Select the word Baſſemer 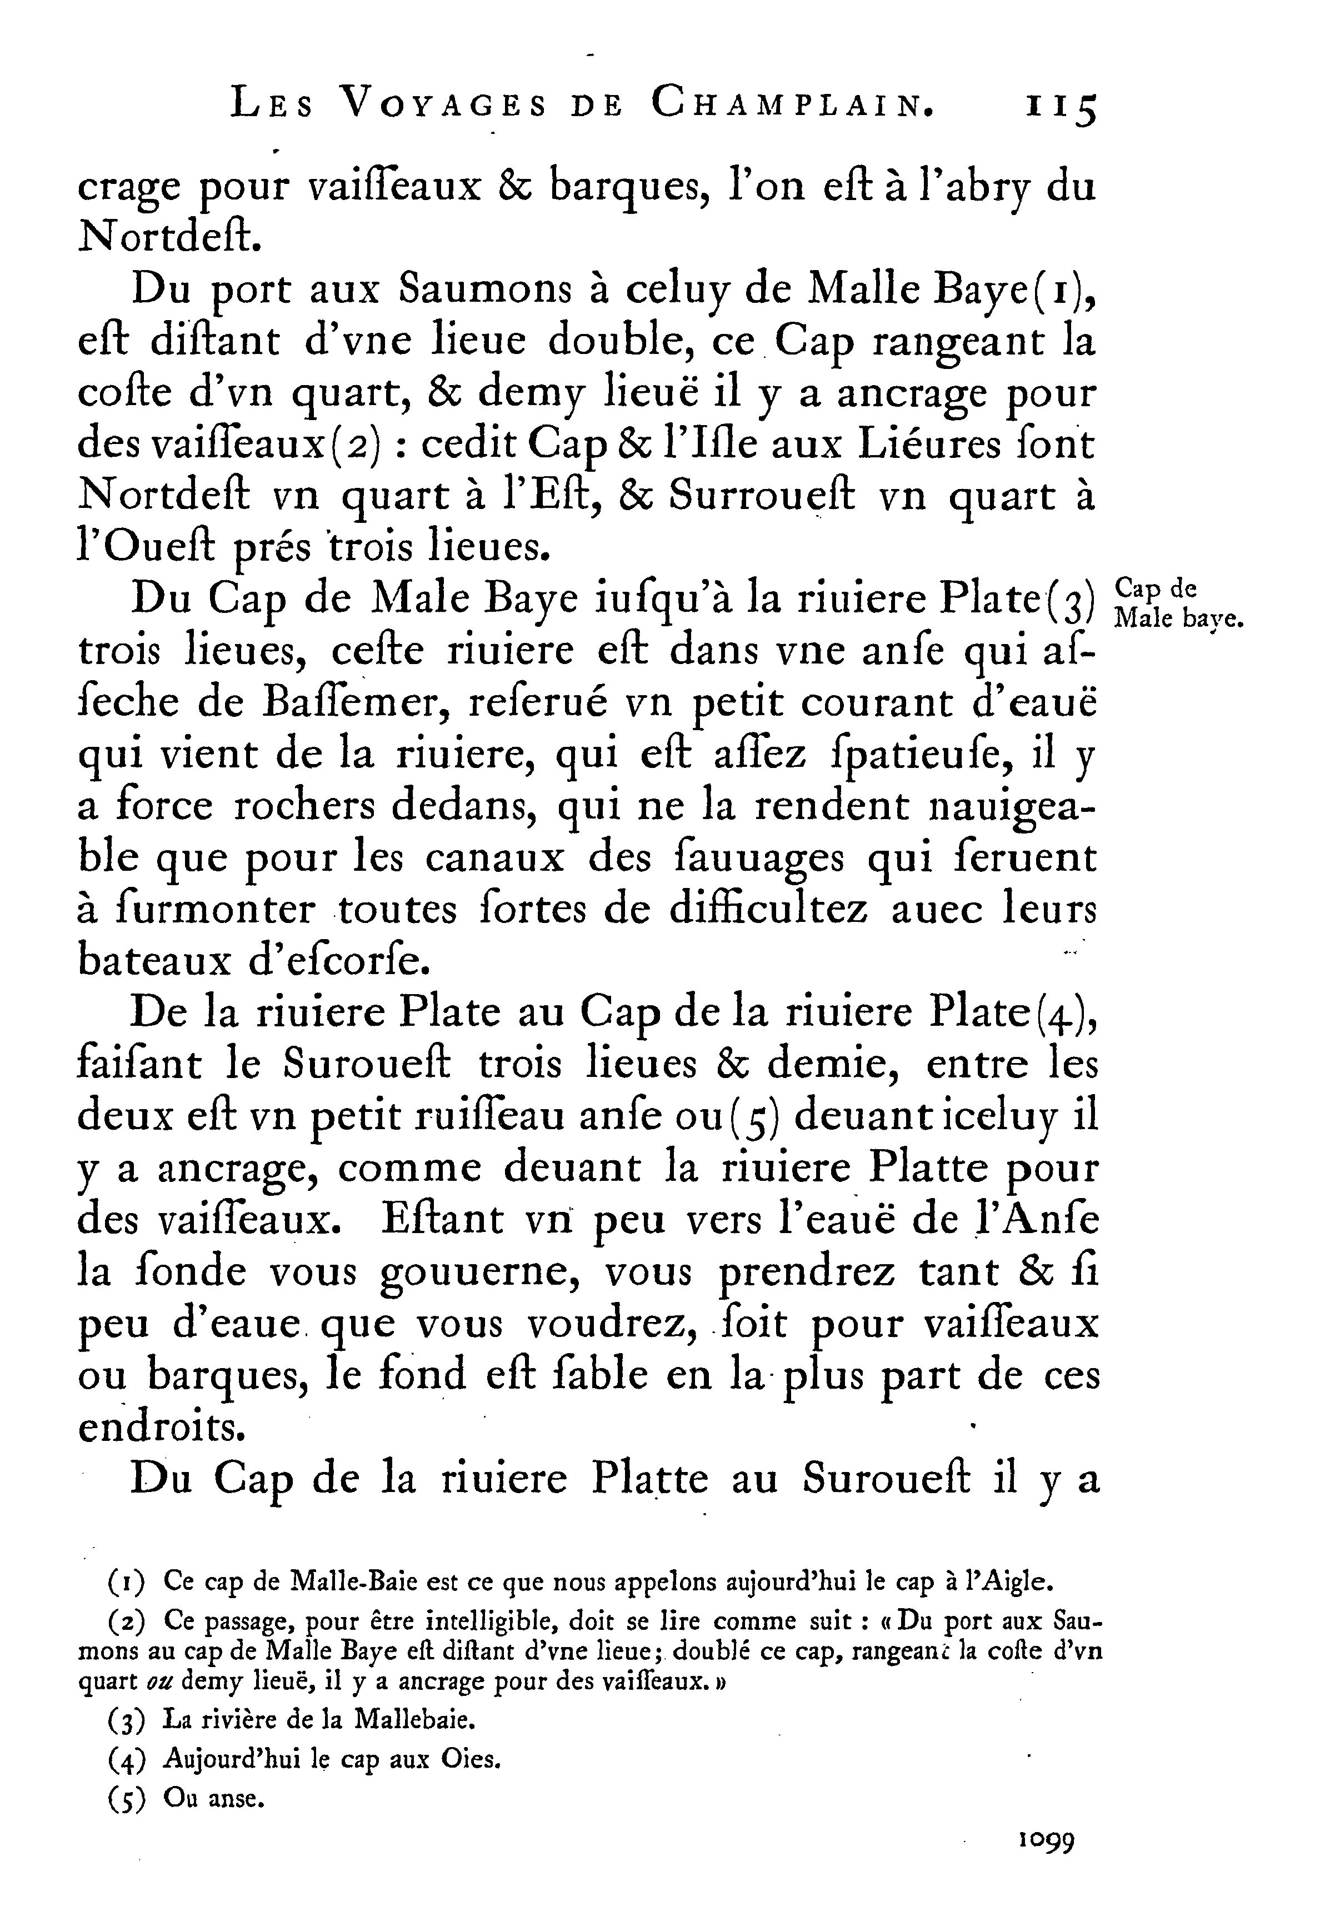(356, 703)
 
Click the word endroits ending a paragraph (162, 1428)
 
